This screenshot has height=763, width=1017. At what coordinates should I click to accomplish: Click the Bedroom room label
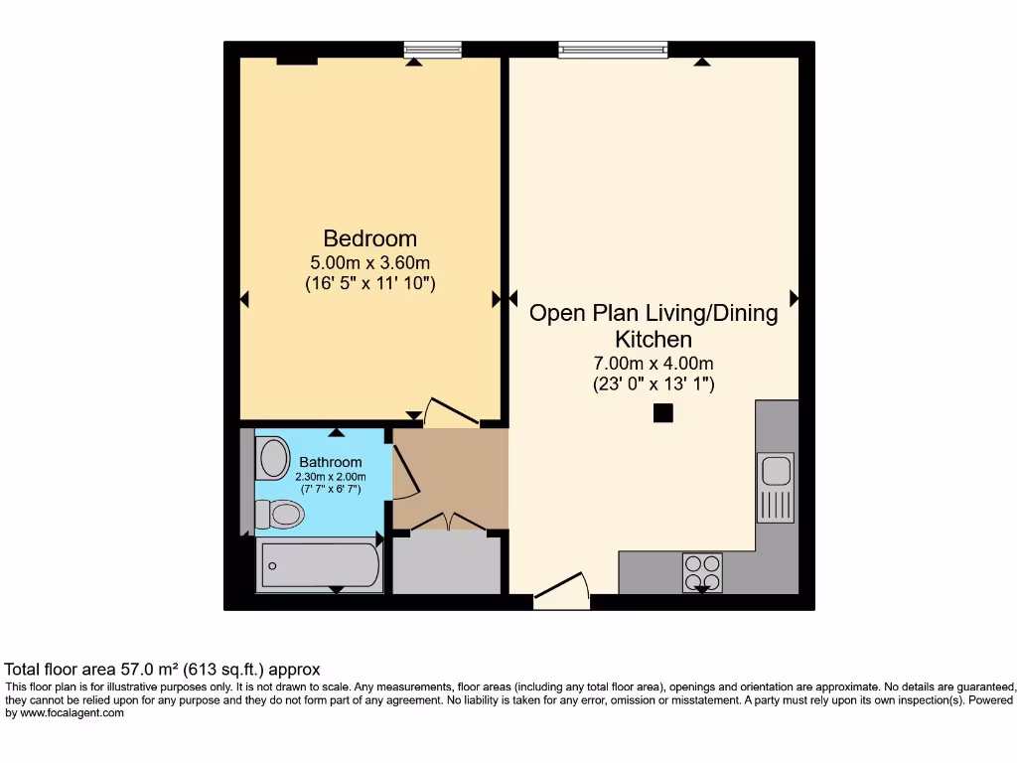pyautogui.click(x=369, y=238)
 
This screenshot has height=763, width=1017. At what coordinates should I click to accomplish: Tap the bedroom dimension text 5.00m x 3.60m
pyautogui.click(x=369, y=262)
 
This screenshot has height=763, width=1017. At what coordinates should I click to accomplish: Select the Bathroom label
pyautogui.click(x=330, y=462)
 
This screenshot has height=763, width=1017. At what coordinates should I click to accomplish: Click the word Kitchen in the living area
pyautogui.click(x=654, y=340)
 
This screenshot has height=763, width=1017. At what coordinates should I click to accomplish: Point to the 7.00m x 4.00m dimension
pyautogui.click(x=654, y=364)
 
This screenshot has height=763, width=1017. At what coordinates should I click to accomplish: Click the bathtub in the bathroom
pyautogui.click(x=321, y=565)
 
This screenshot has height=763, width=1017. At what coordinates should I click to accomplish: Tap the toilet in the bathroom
pyautogui.click(x=280, y=515)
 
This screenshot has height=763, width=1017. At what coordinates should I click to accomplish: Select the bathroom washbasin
pyautogui.click(x=273, y=458)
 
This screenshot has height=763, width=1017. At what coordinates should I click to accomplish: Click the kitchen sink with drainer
pyautogui.click(x=776, y=487)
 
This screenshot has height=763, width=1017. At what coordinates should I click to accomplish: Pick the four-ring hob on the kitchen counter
pyautogui.click(x=702, y=572)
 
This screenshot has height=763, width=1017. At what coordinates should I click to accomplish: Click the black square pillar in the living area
pyautogui.click(x=662, y=412)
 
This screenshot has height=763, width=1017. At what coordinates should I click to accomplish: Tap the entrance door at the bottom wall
pyautogui.click(x=562, y=590)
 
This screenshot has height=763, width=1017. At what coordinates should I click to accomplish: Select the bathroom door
pyautogui.click(x=406, y=472)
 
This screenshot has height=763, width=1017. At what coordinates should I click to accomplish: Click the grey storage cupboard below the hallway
pyautogui.click(x=447, y=562)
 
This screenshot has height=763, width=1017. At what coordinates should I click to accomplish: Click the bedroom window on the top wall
pyautogui.click(x=433, y=50)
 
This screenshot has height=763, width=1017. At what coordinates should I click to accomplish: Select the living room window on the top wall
pyautogui.click(x=613, y=50)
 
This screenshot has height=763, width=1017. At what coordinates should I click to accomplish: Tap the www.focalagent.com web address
pyautogui.click(x=72, y=713)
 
